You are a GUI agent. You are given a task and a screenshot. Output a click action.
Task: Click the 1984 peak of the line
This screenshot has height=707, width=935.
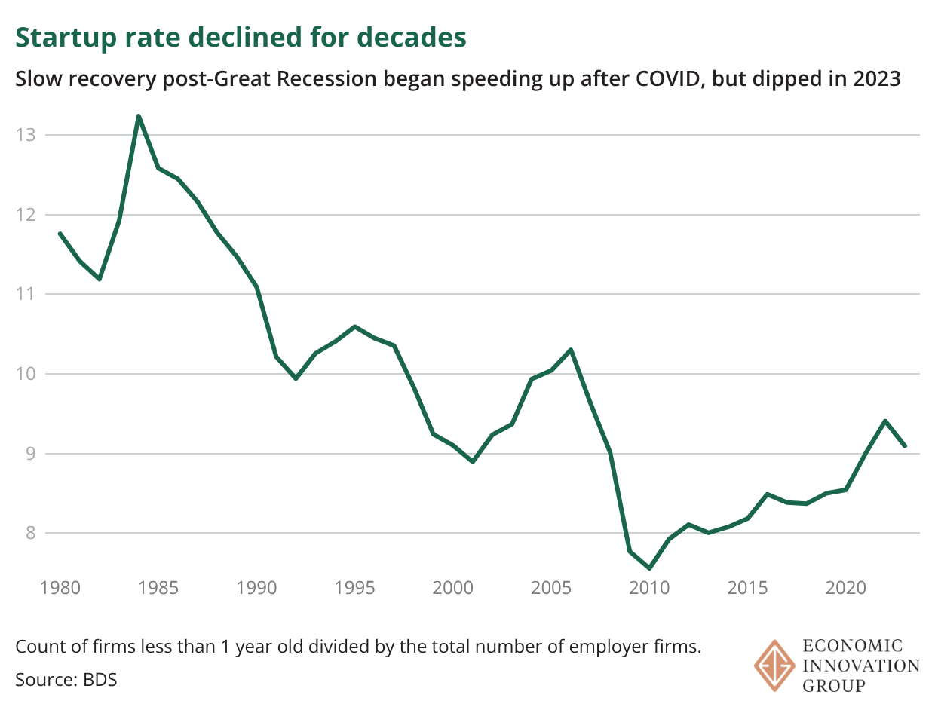click(139, 116)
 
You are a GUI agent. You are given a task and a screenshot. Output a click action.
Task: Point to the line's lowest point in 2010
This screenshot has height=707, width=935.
click(649, 568)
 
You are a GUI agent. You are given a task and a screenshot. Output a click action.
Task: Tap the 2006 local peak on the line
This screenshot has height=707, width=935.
click(571, 350)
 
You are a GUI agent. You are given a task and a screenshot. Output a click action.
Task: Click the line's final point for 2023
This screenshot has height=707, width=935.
click(905, 446)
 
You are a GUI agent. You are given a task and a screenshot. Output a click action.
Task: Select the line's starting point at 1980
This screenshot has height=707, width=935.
click(60, 234)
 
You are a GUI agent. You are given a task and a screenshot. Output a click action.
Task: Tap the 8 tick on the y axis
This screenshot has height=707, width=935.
click(30, 533)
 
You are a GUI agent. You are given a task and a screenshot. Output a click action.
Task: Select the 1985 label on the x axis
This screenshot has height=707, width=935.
click(158, 587)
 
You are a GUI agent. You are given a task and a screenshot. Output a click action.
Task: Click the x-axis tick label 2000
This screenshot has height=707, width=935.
click(452, 587)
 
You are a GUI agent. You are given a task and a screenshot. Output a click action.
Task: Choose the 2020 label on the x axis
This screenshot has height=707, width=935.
click(845, 587)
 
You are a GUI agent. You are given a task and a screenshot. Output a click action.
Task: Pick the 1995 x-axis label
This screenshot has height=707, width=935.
click(354, 587)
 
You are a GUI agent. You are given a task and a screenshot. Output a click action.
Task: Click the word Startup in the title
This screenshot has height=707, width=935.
click(56, 38)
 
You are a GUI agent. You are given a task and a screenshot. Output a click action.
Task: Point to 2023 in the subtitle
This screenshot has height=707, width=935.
click(877, 79)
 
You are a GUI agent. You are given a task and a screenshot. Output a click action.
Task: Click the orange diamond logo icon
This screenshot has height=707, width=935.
click(774, 666)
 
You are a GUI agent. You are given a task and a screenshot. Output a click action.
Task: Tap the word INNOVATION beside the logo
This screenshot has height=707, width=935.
click(861, 666)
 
